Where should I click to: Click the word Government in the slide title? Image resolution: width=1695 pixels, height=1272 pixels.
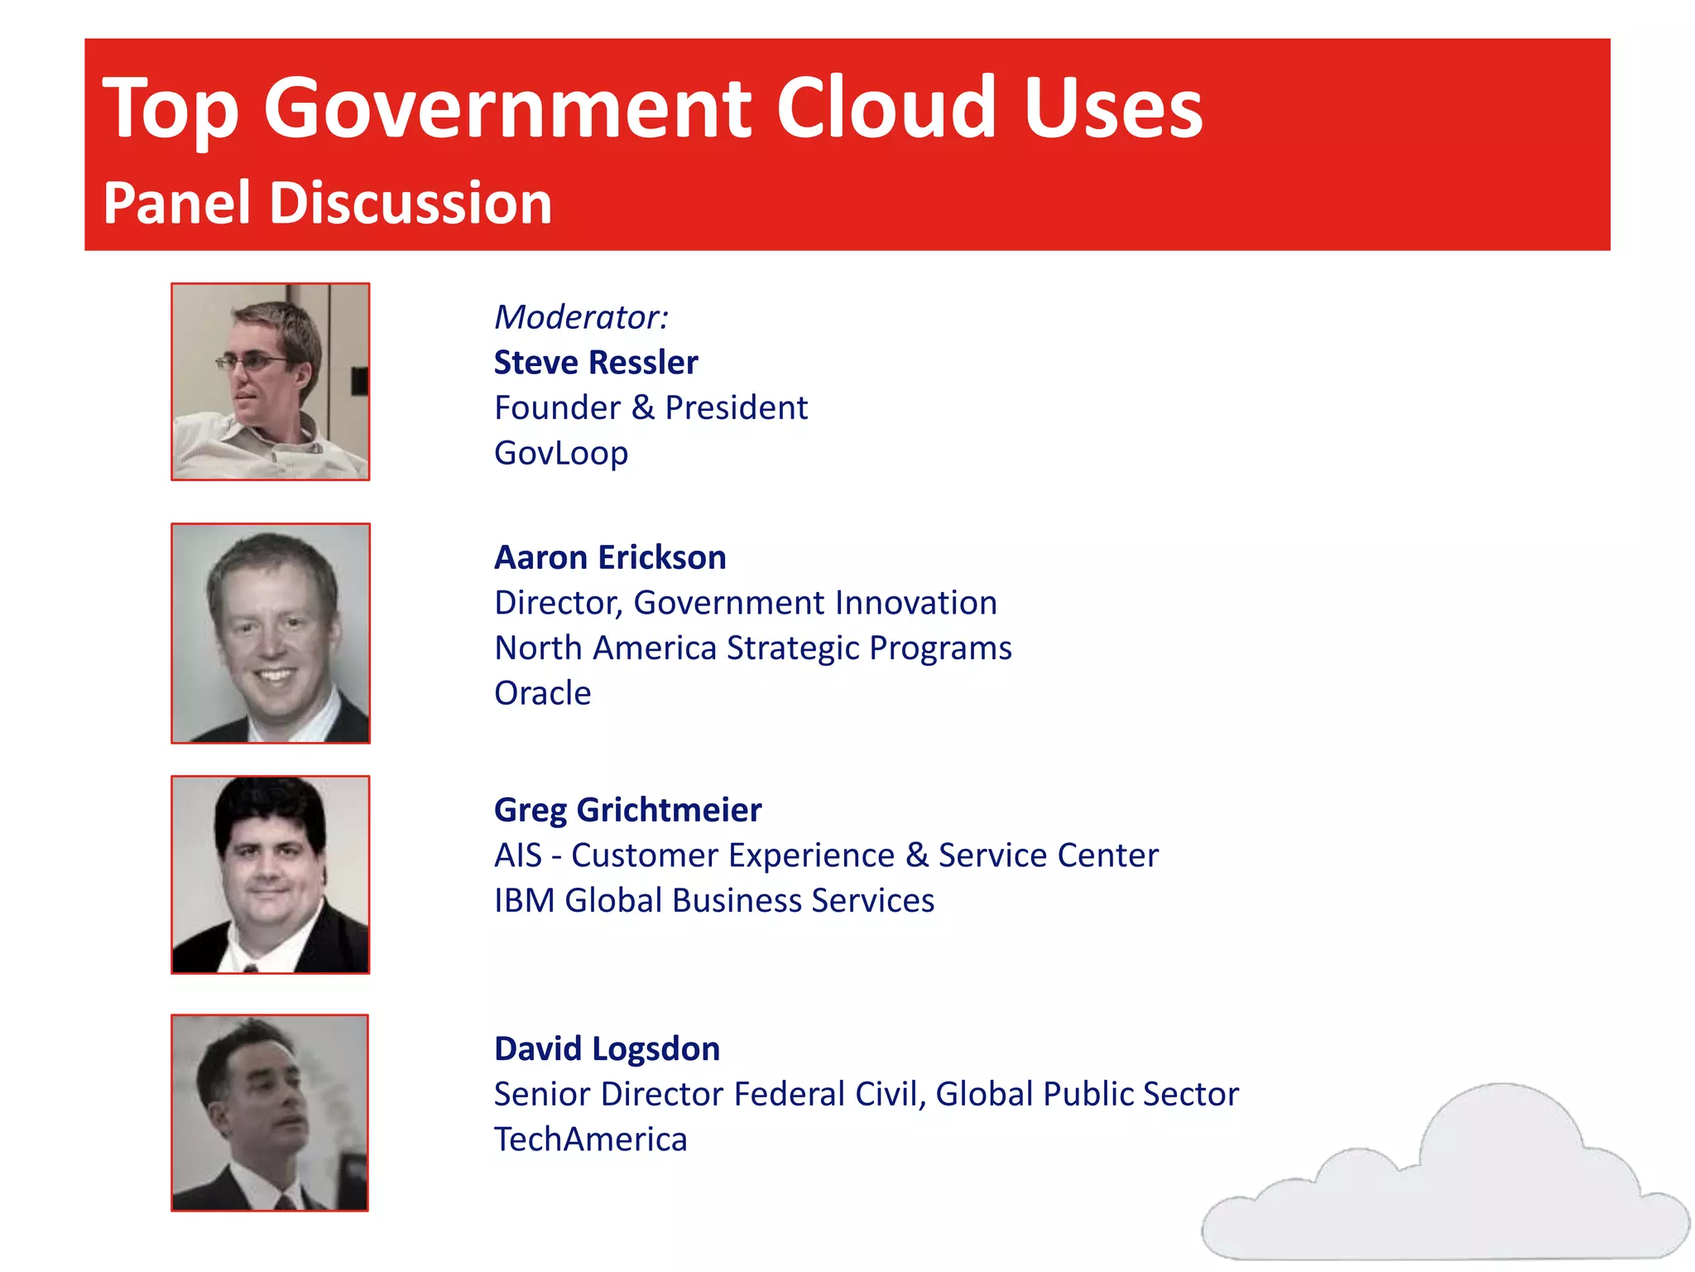click(507, 109)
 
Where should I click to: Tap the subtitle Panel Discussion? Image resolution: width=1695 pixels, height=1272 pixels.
click(327, 204)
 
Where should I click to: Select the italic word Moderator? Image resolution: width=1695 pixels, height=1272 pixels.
click(579, 317)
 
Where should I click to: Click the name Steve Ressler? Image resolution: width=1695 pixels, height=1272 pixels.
click(596, 363)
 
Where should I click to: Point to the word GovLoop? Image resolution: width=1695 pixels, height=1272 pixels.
click(561, 453)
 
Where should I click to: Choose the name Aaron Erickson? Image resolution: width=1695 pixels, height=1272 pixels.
click(610, 557)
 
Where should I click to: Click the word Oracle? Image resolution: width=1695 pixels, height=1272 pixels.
click(542, 693)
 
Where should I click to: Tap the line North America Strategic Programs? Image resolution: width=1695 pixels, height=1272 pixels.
click(752, 648)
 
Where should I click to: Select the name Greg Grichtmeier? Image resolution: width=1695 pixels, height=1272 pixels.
click(627, 810)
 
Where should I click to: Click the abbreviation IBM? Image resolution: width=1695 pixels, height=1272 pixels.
click(524, 900)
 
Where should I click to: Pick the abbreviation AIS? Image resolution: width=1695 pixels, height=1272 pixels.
click(517, 855)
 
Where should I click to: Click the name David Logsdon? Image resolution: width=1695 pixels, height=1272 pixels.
click(607, 1049)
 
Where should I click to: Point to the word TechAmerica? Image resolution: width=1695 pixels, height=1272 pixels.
click(590, 1139)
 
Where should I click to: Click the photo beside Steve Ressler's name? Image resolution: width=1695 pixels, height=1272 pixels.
click(271, 382)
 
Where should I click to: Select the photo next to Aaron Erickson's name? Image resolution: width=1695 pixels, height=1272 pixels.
click(271, 634)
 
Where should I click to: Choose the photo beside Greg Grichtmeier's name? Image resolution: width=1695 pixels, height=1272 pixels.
click(271, 874)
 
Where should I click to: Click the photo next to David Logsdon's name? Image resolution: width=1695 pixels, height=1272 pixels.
click(270, 1113)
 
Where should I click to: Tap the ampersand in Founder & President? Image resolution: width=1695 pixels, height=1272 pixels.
click(642, 408)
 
